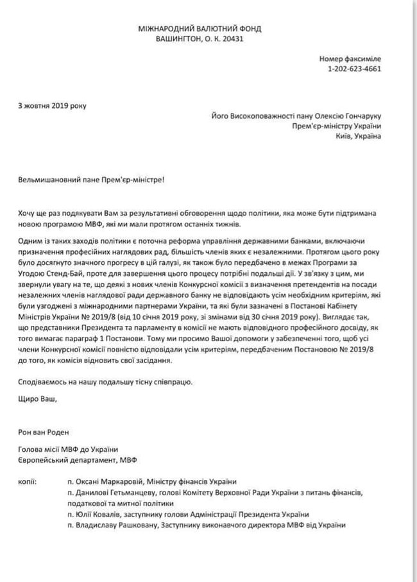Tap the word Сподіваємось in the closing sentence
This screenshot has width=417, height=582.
click(44, 381)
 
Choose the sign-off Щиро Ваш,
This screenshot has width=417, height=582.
click(37, 400)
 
